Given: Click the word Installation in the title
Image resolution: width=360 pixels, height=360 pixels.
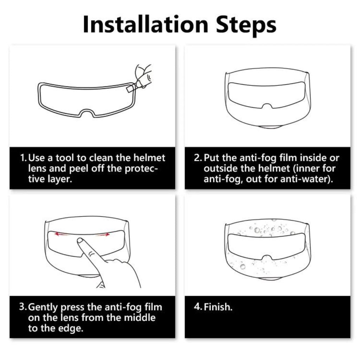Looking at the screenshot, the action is click(146, 25).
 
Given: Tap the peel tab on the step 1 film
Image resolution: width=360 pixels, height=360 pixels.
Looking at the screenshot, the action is click(131, 88).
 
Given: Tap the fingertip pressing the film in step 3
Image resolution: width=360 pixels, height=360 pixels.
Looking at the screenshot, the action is click(80, 240).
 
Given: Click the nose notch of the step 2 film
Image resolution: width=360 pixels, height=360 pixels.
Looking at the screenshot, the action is click(267, 106).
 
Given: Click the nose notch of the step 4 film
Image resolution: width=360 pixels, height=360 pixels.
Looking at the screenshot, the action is click(267, 257).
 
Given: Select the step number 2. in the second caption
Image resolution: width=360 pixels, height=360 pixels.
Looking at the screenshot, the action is click(198, 158).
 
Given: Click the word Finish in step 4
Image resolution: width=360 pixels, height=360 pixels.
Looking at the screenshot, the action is click(217, 307).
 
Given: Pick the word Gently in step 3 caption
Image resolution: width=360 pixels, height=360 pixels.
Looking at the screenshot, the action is click(43, 307).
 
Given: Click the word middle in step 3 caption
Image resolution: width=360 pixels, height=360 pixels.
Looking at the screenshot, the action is click(140, 317).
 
